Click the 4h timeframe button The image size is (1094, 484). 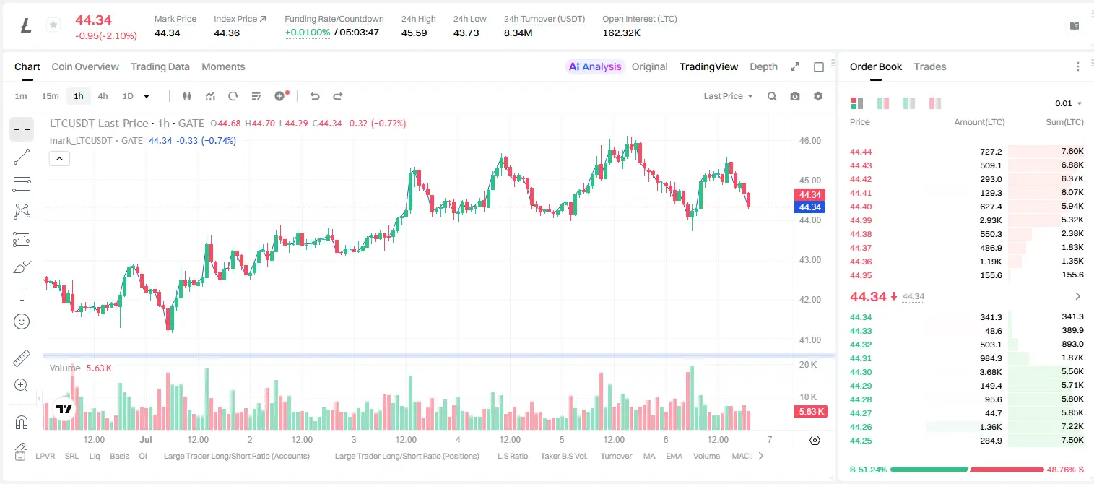(103, 96)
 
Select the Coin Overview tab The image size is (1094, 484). (85, 66)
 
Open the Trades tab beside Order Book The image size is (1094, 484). (930, 66)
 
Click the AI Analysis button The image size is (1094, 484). (595, 66)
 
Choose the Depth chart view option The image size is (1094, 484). (763, 66)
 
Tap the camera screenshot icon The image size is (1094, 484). (795, 96)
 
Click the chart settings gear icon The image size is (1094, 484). (818, 96)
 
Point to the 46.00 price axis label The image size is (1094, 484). (809, 141)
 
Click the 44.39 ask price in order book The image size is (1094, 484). (861, 220)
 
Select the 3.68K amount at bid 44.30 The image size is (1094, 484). (991, 372)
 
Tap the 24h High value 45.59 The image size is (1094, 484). (414, 33)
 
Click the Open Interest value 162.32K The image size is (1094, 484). (621, 33)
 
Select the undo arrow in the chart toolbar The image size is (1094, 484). (315, 96)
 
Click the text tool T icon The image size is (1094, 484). (22, 294)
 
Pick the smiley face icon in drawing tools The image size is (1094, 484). (22, 321)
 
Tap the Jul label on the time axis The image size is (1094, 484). (146, 439)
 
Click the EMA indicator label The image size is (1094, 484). (674, 456)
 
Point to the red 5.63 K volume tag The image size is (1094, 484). (810, 411)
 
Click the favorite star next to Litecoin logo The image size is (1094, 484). (53, 25)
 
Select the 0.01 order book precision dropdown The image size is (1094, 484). (1069, 103)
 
